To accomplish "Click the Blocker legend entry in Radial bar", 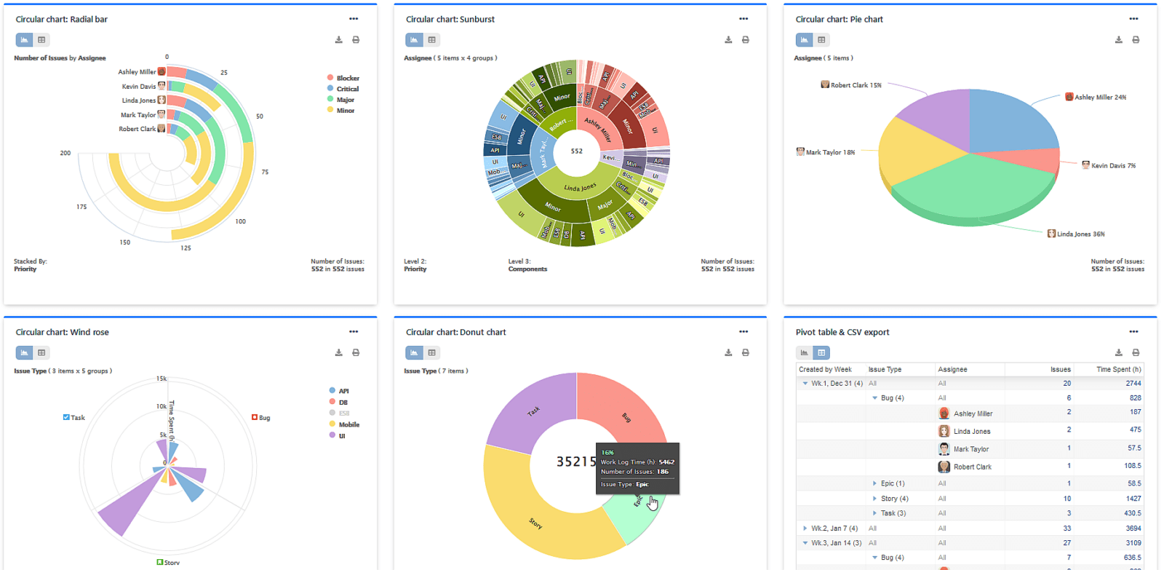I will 347,78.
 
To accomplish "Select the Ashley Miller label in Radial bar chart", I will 137,72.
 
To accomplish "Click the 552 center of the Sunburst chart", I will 576,151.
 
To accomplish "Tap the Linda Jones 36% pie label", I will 1080,234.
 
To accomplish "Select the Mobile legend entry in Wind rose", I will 348,424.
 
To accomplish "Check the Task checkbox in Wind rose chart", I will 66,417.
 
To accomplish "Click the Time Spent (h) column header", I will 1118,369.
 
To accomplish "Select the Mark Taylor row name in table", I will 970,449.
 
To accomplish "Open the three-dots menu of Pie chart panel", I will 1133,19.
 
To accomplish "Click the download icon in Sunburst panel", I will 728,40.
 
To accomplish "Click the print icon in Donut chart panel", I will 746,352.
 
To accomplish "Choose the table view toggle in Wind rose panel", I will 41,352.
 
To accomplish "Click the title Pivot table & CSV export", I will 842,332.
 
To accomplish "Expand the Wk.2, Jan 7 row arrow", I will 805,529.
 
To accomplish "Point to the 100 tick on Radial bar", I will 240,221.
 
